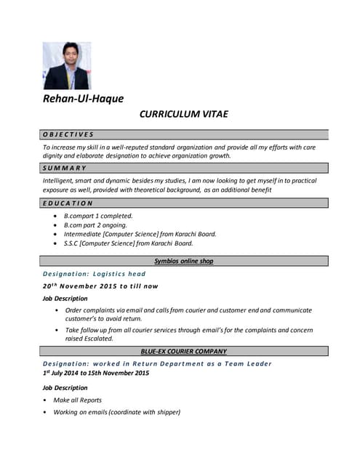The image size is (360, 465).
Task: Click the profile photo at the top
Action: [67, 65]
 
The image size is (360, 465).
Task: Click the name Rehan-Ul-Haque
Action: [83, 99]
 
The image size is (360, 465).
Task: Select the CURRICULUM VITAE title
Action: [185, 115]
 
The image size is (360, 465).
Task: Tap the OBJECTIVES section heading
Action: [68, 134]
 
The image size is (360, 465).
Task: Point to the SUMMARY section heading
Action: [65, 168]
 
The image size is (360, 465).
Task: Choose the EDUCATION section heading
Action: [68, 203]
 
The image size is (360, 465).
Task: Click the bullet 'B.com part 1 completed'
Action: [98, 216]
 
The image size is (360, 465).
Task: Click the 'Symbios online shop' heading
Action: [183, 261]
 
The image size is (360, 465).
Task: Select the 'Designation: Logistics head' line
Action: [95, 274]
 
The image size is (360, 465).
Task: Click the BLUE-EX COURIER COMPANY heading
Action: [184, 351]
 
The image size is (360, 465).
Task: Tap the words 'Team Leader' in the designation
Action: [249, 363]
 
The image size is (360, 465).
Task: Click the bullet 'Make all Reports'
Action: [83, 400]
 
